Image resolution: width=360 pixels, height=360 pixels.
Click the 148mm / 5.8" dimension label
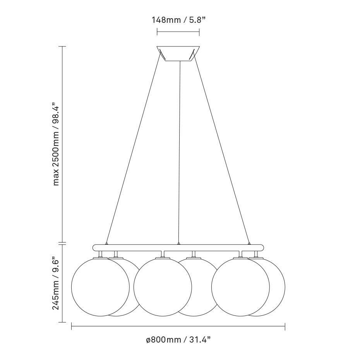(178, 19)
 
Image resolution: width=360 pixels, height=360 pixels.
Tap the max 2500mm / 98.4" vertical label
(57, 144)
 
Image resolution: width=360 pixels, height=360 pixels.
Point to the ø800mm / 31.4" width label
(178, 340)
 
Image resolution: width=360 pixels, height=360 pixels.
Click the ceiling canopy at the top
(178, 53)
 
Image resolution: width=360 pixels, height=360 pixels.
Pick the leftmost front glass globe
(100, 286)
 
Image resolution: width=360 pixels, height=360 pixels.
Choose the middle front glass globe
(163, 286)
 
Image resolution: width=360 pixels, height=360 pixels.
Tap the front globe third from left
(240, 286)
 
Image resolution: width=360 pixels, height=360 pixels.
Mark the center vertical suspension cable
(179, 155)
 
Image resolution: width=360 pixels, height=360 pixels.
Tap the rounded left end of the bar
(94, 247)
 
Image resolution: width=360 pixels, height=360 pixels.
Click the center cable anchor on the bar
(178, 243)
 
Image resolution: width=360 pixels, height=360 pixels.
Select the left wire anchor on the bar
(106, 243)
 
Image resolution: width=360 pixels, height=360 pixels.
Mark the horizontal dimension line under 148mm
(178, 32)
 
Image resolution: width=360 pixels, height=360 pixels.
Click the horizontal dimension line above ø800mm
(178, 327)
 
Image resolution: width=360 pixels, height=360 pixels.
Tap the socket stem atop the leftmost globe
(100, 254)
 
